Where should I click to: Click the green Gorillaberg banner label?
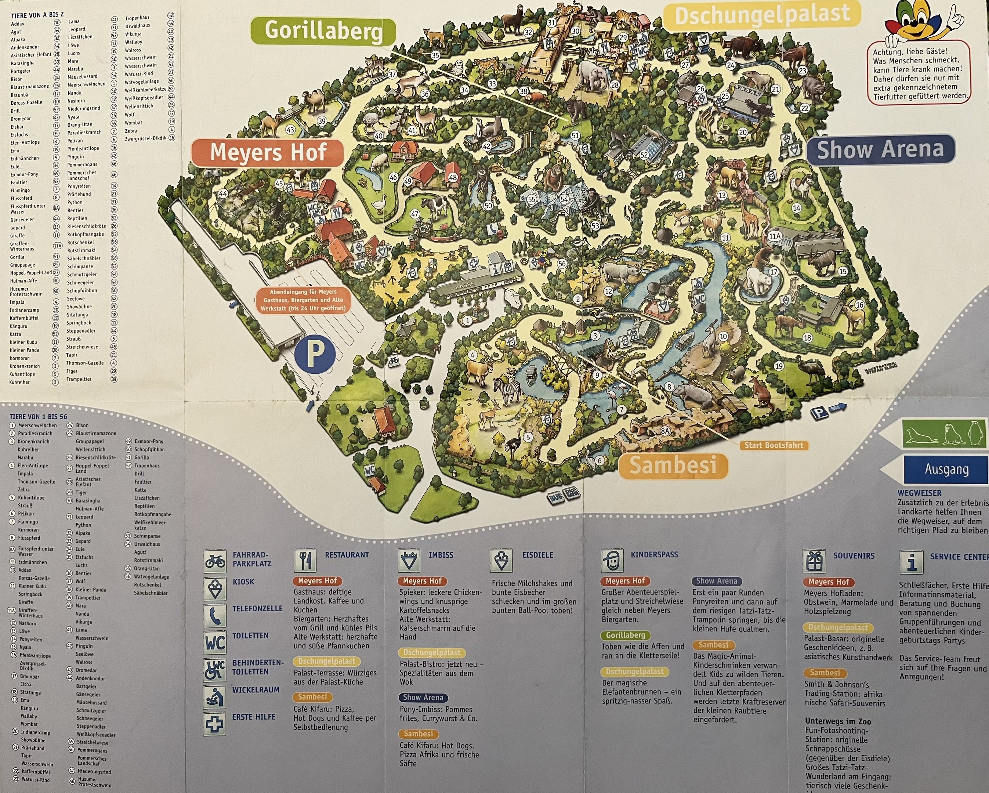pos(323,31)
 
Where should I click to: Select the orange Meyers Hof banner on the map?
pos(267,152)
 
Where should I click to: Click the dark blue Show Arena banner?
pos(880,149)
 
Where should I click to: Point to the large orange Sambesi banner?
pos(673,465)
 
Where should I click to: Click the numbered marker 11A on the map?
pos(774,236)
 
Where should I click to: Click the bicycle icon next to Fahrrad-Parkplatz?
pos(215,561)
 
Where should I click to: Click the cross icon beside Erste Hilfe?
pos(215,724)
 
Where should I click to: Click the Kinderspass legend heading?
pos(654,554)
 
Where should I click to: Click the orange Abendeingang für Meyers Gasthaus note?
pos(303,300)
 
